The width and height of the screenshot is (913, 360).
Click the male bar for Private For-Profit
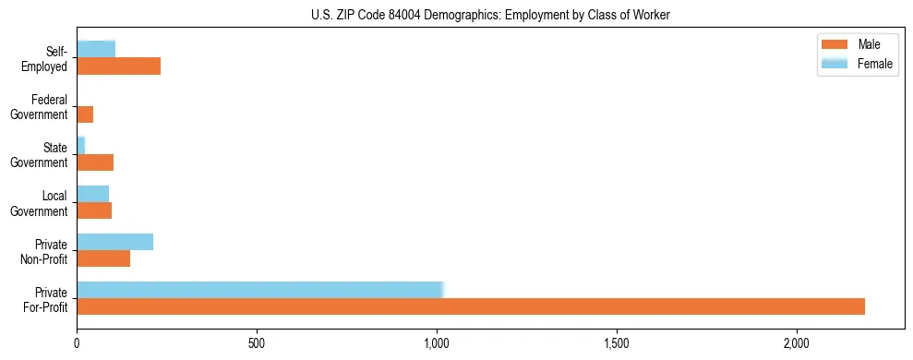tap(471, 306)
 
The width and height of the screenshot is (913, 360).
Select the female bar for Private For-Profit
tap(260, 290)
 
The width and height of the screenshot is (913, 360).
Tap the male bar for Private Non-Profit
tap(103, 258)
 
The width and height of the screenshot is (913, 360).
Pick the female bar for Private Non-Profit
tap(114, 242)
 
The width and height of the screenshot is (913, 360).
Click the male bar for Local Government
tap(94, 210)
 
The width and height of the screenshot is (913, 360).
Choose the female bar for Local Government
tap(92, 194)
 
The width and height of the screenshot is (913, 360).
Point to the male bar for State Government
tap(95, 162)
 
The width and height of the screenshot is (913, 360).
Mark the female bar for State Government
tap(81, 146)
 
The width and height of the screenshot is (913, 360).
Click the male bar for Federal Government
tap(85, 114)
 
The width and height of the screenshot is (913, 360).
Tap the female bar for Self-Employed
tap(96, 50)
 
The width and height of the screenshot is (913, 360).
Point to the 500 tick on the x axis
tap(257, 342)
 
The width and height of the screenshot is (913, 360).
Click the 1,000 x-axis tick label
tap(437, 342)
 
